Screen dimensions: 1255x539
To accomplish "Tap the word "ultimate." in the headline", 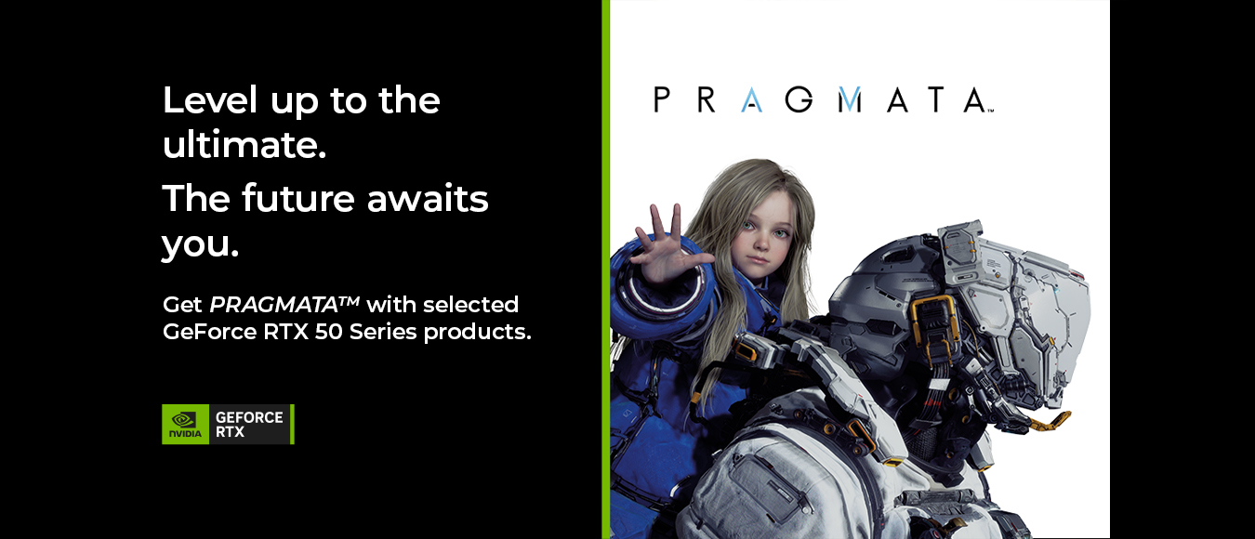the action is click(x=244, y=145).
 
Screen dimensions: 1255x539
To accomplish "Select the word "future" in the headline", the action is click(x=298, y=198).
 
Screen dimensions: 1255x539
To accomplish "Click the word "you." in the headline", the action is click(x=201, y=245).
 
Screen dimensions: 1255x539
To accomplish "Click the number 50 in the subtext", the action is click(x=328, y=332).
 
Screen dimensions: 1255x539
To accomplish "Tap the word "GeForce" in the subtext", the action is click(x=209, y=332).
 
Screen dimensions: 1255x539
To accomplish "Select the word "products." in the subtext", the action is click(x=477, y=333).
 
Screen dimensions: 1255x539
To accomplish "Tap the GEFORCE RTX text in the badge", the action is click(x=249, y=425).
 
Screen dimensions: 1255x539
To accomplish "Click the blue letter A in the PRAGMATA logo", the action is click(x=751, y=99).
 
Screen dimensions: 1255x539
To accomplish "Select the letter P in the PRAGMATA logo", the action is click(x=662, y=99).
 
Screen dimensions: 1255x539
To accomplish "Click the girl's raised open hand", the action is click(x=669, y=246).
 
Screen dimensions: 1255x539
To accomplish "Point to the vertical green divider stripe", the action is click(x=605, y=269).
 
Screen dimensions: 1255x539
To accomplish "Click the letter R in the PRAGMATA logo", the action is click(x=707, y=99).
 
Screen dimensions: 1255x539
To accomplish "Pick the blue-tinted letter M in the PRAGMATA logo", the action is click(x=850, y=99).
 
